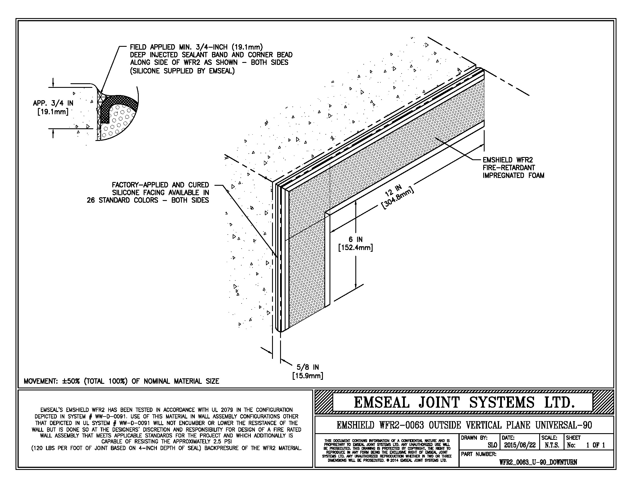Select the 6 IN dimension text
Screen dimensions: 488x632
(x=356, y=239)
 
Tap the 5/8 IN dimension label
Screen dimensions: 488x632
(x=308, y=367)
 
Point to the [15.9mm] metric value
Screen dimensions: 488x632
(x=308, y=376)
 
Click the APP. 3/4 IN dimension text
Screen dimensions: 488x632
(x=53, y=103)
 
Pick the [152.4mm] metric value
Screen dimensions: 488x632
(x=356, y=248)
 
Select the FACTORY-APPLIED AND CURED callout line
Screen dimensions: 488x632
(x=160, y=185)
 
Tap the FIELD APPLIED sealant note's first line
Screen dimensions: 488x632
(x=196, y=47)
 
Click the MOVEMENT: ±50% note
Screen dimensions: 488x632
(x=121, y=381)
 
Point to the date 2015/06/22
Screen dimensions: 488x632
(x=520, y=445)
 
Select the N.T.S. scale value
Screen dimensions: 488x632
(x=552, y=445)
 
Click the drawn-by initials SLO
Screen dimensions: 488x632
(x=492, y=445)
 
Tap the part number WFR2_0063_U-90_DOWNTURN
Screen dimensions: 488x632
(x=538, y=462)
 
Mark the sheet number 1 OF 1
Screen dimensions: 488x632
(x=596, y=445)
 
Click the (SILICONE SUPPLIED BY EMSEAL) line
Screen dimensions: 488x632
(x=182, y=71)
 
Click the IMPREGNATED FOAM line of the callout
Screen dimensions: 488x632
(x=513, y=175)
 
